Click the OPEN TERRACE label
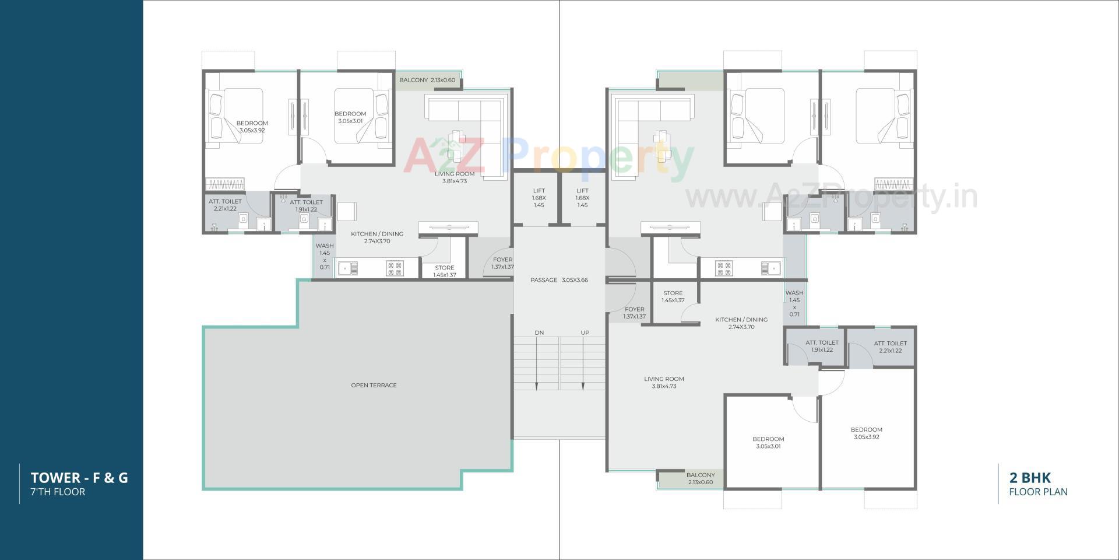tap(374, 385)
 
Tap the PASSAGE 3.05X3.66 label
tap(559, 280)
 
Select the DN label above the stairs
tap(539, 332)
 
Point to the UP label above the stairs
tap(585, 332)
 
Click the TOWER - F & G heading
tap(79, 478)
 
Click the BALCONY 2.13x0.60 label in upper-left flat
tap(427, 80)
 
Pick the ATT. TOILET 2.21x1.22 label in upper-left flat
tap(225, 205)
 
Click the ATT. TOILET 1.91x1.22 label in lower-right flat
tap(822, 346)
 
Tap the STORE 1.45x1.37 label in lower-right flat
tap(673, 296)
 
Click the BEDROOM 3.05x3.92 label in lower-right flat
tap(866, 433)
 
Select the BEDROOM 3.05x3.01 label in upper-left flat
tap(350, 117)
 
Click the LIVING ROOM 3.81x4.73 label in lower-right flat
tap(664, 382)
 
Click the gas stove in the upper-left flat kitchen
tap(395, 268)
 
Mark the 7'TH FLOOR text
tap(58, 492)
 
